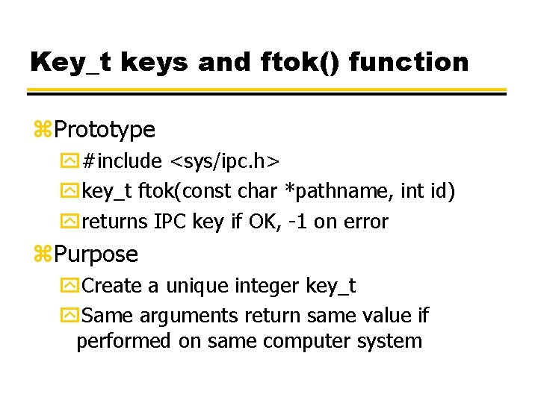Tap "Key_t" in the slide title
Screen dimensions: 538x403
click(68, 61)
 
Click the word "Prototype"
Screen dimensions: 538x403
click(105, 130)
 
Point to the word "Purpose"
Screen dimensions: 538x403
click(96, 254)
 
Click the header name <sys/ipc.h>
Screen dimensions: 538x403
click(225, 161)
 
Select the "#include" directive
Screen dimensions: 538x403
click(123, 161)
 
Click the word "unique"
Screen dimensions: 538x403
click(197, 286)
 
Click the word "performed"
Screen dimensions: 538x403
click(125, 341)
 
